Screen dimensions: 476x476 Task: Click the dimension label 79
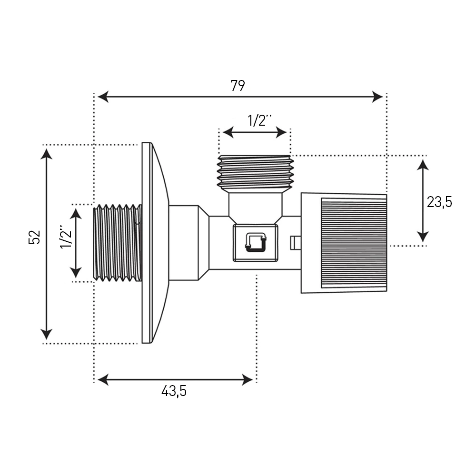pos(238,85)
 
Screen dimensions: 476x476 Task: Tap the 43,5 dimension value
pos(174,391)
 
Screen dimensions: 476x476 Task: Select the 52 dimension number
pos(34,237)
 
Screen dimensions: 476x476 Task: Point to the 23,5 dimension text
pos(439,202)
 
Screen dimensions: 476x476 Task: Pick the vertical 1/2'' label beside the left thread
pos(66,237)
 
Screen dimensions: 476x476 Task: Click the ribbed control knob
pos(344,243)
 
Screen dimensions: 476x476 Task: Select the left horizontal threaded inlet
pos(118,243)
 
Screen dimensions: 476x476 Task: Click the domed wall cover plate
pos(155,243)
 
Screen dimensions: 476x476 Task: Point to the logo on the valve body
pos(255,243)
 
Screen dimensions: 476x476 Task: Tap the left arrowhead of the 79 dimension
pos(103,97)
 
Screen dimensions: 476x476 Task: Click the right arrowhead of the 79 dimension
pos(377,97)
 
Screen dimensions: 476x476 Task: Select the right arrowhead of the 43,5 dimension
pos(247,379)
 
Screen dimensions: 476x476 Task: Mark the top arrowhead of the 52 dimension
pos(46,154)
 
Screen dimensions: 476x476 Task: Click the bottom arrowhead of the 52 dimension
pos(46,334)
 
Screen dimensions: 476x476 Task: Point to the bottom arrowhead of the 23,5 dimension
pos(423,237)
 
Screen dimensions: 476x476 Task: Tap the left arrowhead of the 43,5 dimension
pos(103,379)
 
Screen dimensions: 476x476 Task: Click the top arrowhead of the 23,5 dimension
pos(423,165)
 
